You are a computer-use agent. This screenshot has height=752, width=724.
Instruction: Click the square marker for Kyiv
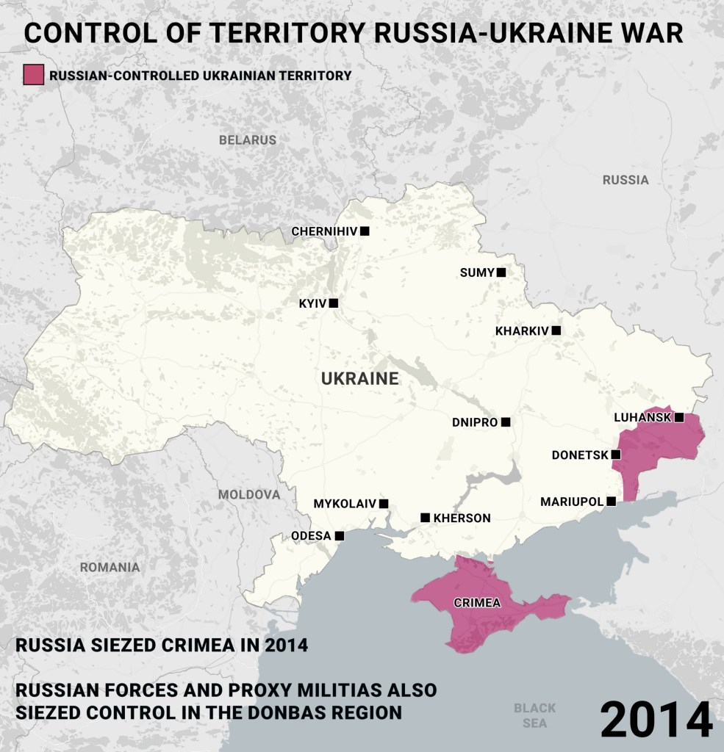coord(334,303)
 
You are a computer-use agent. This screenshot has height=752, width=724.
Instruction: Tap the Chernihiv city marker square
coord(365,231)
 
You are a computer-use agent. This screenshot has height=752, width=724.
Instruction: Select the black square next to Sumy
coord(501,272)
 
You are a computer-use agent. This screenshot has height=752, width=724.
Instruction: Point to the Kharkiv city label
coord(522,331)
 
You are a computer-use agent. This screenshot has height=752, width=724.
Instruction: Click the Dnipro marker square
coord(505,422)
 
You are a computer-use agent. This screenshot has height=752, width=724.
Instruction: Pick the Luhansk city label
coord(642,417)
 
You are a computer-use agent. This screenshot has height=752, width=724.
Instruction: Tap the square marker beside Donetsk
coord(616,455)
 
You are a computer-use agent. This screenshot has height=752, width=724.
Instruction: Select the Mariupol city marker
coord(611,502)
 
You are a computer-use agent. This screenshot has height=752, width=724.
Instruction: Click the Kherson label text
coord(462,518)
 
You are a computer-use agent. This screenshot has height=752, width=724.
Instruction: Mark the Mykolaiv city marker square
coord(383,504)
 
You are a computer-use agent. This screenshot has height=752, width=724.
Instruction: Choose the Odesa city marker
coord(339,536)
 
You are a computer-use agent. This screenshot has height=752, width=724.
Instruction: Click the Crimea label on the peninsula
coord(477,603)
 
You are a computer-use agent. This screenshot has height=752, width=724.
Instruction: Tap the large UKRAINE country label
coord(360,379)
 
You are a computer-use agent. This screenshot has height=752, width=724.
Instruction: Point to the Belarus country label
coord(248,140)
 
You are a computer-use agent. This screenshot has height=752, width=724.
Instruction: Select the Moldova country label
coord(249,494)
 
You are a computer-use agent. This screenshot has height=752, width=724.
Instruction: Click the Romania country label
coord(110,567)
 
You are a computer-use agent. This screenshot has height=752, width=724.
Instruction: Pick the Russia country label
coord(626,180)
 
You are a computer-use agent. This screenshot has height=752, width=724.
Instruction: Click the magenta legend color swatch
coord(34,75)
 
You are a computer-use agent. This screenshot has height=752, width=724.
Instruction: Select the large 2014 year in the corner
coord(656,720)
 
